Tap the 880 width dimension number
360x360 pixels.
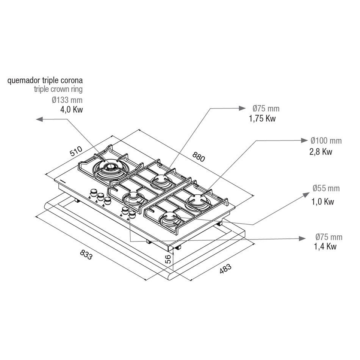tap(198, 157)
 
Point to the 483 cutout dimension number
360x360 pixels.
tap(225, 269)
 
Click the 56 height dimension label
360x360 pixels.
tap(168, 259)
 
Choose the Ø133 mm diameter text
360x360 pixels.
tap(67, 100)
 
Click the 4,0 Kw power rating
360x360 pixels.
tap(71, 110)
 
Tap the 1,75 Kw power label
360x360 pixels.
tap(262, 119)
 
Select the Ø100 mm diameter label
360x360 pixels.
tap(326, 141)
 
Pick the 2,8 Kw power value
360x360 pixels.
tap(321, 152)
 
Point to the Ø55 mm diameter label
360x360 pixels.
tap(326, 188)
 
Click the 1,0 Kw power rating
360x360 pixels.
tap(322, 202)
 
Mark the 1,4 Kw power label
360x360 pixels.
tap(325, 246)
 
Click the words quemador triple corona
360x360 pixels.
tap(45, 80)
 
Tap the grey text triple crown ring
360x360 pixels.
tap(58, 89)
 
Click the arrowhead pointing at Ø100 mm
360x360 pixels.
tap(304, 140)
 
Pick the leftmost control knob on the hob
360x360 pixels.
tap(94, 193)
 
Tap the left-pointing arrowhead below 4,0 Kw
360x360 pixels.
tap(39, 119)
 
